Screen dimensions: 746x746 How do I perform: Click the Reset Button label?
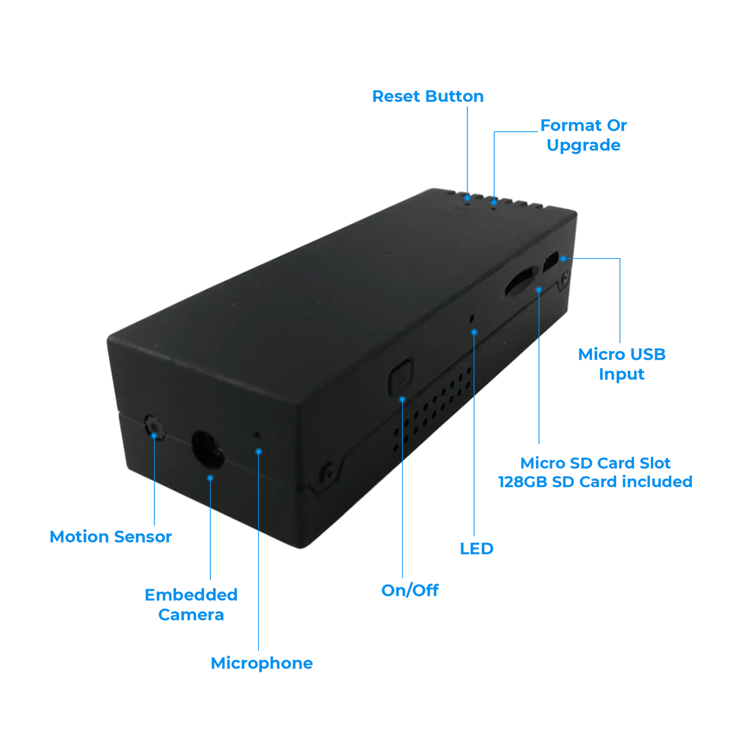point(428,96)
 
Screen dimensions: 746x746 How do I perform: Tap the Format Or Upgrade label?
point(583,135)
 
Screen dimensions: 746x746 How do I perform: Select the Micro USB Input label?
point(621,364)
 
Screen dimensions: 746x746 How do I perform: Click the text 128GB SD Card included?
point(595,482)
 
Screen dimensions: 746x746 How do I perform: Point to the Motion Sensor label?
point(111,537)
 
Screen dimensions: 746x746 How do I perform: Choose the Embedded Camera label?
point(191,605)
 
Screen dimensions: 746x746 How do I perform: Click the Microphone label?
point(262,663)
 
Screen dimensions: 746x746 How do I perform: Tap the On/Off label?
point(410,590)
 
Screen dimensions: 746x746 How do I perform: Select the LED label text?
point(476,549)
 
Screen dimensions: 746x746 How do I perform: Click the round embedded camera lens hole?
point(208,449)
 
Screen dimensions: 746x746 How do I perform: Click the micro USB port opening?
point(550,262)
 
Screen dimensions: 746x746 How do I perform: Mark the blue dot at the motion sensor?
point(154,436)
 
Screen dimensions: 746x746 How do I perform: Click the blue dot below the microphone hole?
point(259,452)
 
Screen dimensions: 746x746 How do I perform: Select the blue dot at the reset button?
point(467,198)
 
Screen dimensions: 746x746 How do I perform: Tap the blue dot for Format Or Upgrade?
point(494,203)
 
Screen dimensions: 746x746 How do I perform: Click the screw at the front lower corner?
point(328,472)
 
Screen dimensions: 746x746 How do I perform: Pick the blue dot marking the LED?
point(474,332)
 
